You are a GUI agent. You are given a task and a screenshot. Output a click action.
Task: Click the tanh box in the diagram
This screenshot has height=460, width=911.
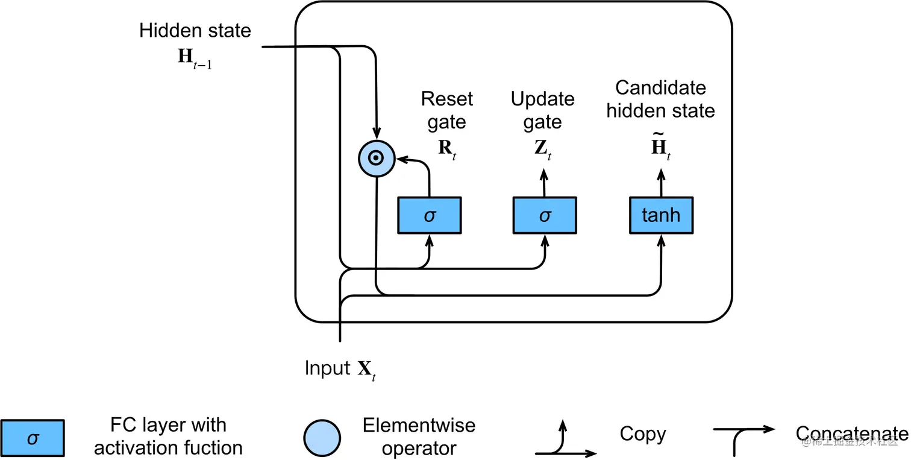661,215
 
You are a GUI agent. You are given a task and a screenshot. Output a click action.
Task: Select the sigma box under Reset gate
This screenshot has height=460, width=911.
429,215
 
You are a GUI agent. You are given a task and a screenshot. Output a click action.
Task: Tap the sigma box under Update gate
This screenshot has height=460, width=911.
545,215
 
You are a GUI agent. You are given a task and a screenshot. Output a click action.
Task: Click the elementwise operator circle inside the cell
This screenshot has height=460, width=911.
376,159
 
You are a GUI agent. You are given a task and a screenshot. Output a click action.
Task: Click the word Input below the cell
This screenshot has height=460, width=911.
327,368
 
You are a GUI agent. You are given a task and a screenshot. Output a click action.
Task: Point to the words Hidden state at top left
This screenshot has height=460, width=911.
195,31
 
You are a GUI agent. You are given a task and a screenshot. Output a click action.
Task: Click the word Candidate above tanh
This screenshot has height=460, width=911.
660,88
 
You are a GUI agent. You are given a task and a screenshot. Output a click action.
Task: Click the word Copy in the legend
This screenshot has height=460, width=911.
642,434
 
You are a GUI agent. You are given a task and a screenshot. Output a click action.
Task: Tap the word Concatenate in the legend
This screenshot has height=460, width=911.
851,434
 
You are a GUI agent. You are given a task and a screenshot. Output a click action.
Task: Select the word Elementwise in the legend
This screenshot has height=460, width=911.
419,426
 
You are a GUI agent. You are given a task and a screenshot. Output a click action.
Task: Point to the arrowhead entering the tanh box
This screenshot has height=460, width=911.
662,239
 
